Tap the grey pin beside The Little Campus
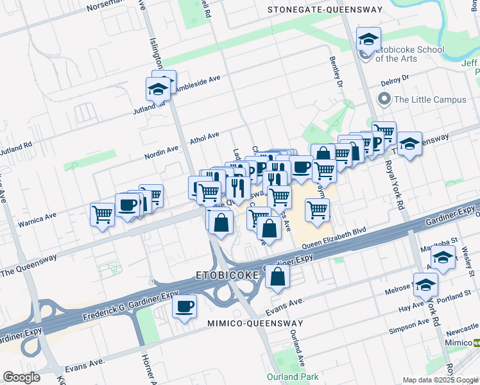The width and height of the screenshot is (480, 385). [x=384, y=99]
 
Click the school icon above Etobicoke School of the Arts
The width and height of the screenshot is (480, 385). [x=368, y=39]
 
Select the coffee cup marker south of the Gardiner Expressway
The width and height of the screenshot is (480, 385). [x=184, y=306]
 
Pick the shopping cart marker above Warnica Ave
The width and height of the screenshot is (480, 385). [x=102, y=215]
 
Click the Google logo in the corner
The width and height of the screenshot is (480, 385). [x=22, y=377]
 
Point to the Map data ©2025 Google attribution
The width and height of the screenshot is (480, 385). [x=440, y=380]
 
